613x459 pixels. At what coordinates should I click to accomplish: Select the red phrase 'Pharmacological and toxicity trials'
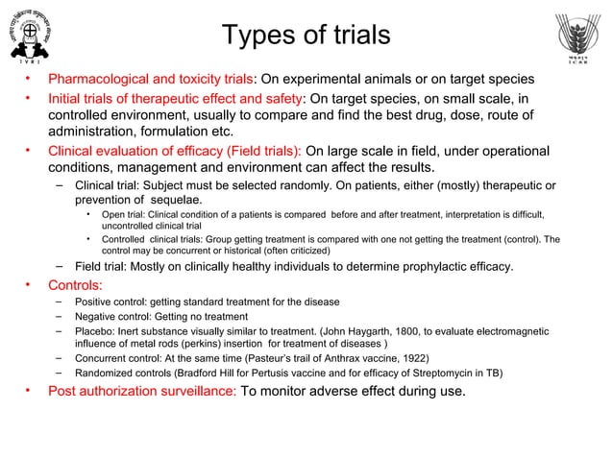151,79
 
